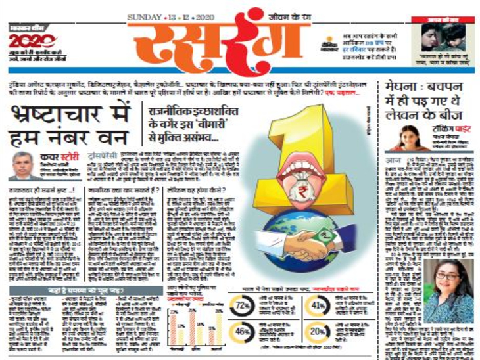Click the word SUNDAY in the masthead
tap(144, 16)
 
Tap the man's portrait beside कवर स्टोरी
tap(24, 165)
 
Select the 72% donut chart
tap(242, 307)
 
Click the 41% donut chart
tap(318, 306)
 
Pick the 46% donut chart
tap(242, 332)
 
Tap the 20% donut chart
tap(318, 332)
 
